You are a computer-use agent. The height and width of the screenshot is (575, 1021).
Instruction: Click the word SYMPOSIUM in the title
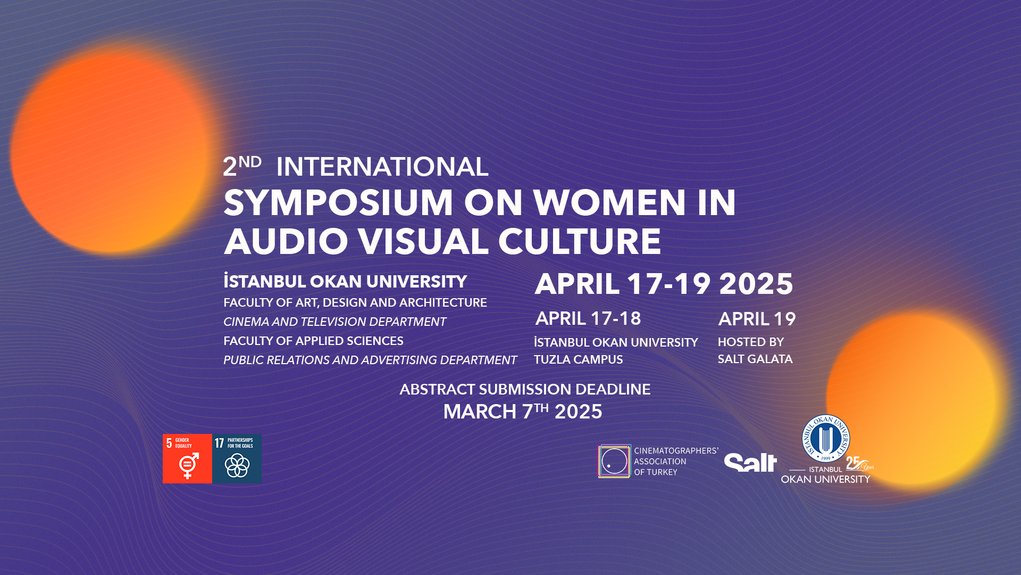point(338,203)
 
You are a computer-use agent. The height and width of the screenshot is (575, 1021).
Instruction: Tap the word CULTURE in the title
point(579,241)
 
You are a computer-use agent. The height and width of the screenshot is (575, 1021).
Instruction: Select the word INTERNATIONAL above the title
point(382,167)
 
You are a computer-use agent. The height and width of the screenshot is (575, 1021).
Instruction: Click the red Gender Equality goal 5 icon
point(187,458)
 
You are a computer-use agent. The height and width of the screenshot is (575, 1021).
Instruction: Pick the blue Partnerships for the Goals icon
point(237,458)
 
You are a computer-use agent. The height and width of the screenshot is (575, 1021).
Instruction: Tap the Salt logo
point(750,462)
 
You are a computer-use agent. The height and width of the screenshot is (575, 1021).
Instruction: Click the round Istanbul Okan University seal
point(826,439)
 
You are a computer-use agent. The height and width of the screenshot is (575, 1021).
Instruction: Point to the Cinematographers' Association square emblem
point(615,461)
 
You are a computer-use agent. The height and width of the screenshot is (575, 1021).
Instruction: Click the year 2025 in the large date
point(756,284)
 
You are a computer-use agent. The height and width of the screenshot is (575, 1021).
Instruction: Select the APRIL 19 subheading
point(757,319)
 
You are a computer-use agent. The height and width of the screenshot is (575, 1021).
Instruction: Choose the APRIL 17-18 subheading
point(588,318)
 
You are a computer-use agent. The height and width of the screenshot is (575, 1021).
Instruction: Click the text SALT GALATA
point(755,359)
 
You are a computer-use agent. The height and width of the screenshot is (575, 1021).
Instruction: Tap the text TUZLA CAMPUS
point(578,359)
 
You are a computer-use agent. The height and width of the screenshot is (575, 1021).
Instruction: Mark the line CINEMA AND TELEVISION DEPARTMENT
point(334,322)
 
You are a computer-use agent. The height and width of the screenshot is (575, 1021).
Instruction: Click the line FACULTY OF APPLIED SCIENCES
point(313,341)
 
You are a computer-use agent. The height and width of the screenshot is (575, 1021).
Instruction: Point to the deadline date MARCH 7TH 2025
point(523,412)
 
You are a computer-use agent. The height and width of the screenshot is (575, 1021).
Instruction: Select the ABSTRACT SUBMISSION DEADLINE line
point(525,389)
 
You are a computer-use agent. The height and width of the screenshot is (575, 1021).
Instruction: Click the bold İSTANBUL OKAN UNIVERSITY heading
point(345,281)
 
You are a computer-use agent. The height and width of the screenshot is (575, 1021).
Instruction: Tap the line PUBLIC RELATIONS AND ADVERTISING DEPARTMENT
point(370,360)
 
